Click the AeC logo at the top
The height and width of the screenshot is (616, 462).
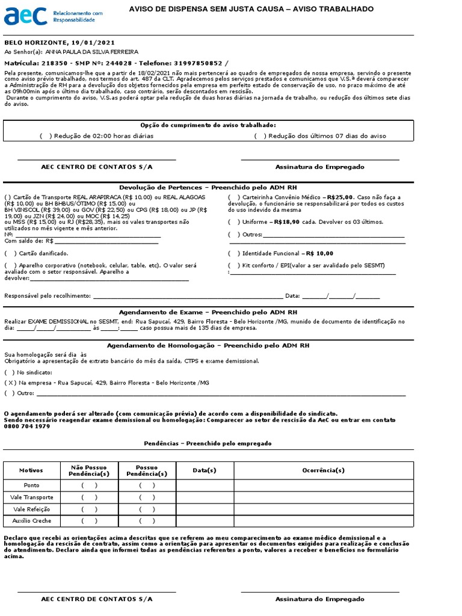click(26, 16)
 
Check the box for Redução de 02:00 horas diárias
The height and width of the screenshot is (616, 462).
click(46, 136)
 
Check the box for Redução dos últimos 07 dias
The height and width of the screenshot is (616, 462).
click(260, 136)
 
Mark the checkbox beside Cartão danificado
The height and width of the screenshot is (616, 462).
click(10, 253)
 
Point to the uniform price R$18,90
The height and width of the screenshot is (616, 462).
click(286, 222)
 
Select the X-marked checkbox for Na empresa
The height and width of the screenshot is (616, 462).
click(10, 383)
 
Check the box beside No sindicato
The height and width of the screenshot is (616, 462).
click(10, 372)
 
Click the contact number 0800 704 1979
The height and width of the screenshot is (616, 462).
click(27, 426)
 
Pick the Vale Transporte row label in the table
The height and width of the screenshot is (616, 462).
click(32, 497)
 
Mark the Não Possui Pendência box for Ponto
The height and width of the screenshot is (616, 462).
click(89, 485)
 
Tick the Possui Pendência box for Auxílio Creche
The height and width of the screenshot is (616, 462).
click(147, 521)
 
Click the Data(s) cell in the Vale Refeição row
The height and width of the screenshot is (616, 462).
click(204, 510)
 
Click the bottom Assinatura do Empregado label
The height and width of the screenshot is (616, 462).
click(319, 599)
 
